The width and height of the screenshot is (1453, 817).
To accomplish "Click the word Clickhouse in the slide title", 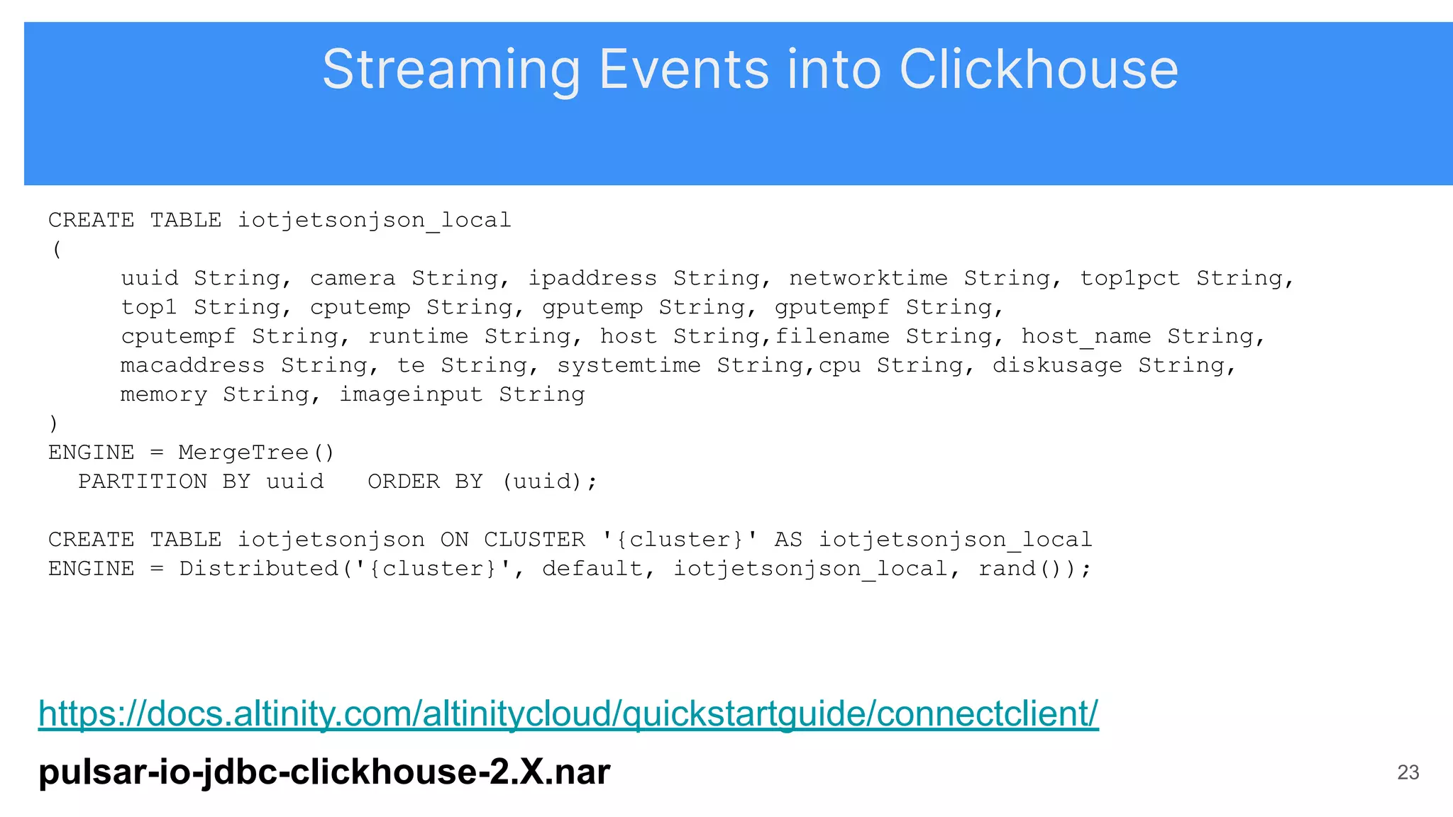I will [x=1038, y=70].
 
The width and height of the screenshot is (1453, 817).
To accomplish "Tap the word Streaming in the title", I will [x=451, y=70].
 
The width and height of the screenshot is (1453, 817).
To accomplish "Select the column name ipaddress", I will [x=592, y=278].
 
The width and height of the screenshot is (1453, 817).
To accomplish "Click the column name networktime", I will [x=868, y=278].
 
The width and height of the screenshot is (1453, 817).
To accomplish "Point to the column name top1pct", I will [x=1129, y=278].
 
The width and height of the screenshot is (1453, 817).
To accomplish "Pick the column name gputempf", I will [x=832, y=307].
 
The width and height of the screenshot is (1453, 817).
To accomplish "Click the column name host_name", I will [x=1085, y=336].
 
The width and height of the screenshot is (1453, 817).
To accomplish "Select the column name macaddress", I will [x=192, y=365].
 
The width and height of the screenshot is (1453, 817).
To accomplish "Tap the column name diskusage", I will [x=1057, y=365].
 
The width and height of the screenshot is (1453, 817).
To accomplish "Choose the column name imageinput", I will [x=411, y=394].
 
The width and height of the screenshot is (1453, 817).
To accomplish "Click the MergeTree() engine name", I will [x=256, y=452].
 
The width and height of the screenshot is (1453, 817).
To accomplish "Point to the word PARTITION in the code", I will [x=143, y=482].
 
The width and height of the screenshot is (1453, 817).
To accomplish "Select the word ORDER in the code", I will [x=404, y=482].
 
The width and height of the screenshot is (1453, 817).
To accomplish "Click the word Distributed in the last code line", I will [x=259, y=569].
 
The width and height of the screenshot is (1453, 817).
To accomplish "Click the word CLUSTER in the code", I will [x=534, y=540].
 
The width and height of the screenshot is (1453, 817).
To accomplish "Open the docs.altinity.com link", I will [x=568, y=713].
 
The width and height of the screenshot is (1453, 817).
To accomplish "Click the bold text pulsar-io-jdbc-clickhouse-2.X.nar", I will [x=324, y=772].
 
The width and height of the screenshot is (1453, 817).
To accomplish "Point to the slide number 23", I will [x=1408, y=772].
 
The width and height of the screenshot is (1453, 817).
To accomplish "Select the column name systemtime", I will [x=629, y=365].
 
